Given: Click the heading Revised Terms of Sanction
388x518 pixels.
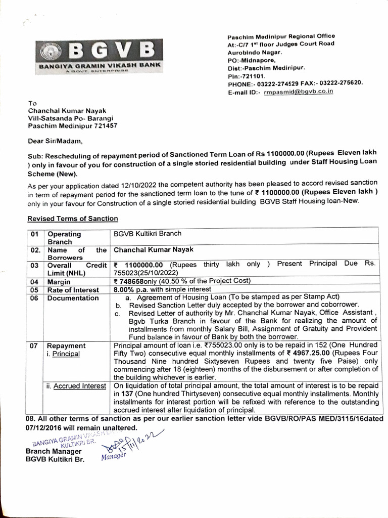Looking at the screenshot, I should point(73,219).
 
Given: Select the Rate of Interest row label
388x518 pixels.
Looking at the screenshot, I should point(74,289).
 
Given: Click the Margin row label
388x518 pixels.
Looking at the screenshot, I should point(59,282).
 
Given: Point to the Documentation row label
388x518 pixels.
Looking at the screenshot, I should point(73,298).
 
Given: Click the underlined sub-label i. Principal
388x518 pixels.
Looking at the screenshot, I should point(63,354).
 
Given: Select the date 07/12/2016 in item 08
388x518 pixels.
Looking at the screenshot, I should point(43,427).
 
